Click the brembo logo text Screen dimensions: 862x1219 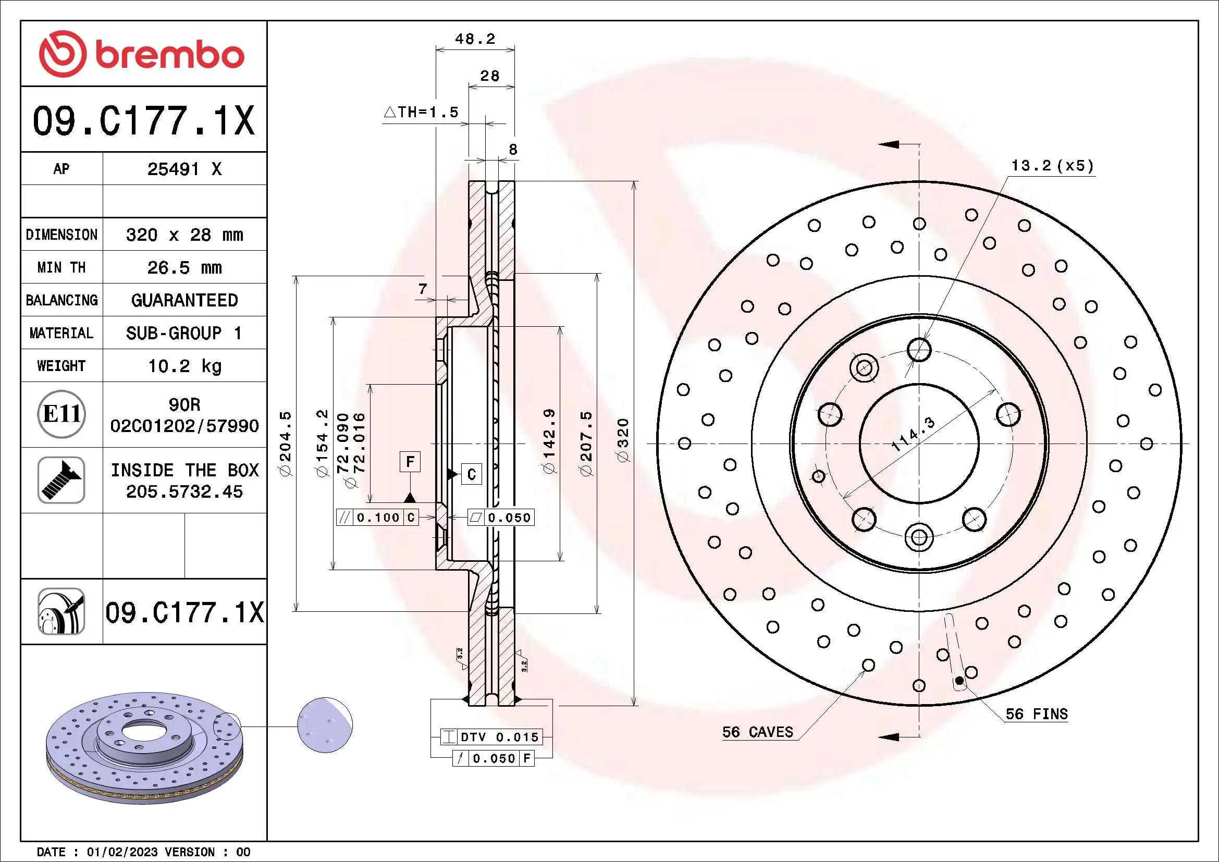click(169, 55)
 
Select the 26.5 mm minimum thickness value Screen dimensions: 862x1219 click(184, 267)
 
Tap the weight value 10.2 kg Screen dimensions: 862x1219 click(184, 366)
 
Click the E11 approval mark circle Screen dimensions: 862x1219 click(61, 414)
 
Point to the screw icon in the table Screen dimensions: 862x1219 click(61, 480)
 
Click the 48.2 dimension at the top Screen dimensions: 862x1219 click(475, 39)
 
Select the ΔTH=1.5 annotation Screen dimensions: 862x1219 click(421, 113)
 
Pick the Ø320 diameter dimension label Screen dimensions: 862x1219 click(623, 440)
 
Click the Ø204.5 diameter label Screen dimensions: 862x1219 click(286, 443)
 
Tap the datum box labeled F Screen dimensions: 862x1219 click(410, 461)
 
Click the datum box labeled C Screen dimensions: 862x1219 click(472, 474)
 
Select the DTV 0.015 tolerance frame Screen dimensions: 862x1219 click(491, 737)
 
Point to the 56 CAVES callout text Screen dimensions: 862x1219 click(757, 732)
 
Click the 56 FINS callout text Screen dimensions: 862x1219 click(1037, 714)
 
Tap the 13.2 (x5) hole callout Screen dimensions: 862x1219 click(1052, 166)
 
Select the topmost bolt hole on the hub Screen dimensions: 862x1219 click(919, 350)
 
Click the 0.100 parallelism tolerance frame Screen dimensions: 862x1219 click(377, 518)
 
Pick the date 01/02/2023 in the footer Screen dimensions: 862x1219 click(122, 852)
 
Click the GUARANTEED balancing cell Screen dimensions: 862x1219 click(184, 300)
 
